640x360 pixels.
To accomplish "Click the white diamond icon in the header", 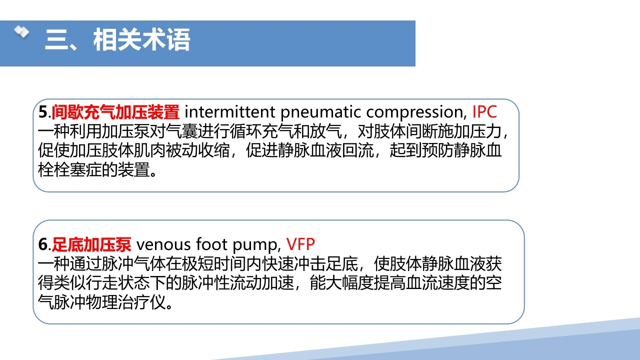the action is tap(21, 31).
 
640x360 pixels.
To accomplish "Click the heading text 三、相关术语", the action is tap(117, 39).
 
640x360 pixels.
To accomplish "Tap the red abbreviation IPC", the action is tap(484, 111).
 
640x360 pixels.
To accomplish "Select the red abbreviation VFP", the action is tap(300, 244).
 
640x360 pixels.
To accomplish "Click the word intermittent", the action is tap(229, 111).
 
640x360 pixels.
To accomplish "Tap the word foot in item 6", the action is tap(211, 244).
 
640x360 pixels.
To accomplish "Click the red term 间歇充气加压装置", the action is tap(115, 112).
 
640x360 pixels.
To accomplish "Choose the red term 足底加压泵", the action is tap(91, 244).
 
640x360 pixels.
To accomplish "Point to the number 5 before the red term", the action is tap(43, 112).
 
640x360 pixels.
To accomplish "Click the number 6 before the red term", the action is tap(43, 244).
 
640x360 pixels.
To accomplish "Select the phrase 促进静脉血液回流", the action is tap(309, 150).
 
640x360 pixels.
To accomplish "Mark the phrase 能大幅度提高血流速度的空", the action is tap(405, 283).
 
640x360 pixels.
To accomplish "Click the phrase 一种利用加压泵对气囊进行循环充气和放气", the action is tap(190, 131).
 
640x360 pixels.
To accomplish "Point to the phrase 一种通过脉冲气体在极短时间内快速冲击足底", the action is tap(198, 263).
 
